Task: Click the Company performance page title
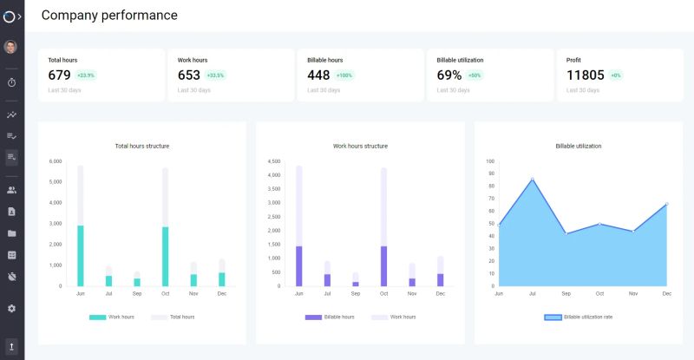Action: coord(109,15)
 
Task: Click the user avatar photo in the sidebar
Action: coord(11,47)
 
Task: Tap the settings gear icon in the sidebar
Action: coord(11,308)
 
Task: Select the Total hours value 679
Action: coord(59,75)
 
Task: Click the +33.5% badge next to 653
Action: coord(215,75)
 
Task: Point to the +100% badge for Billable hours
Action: coord(344,75)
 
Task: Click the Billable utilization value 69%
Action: coord(448,75)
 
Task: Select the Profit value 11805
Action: coord(585,75)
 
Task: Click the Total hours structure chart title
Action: coord(142,146)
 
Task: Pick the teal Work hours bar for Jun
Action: coord(81,256)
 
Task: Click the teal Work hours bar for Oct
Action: coord(165,257)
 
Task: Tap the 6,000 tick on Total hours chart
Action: coord(55,161)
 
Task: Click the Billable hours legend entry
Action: coord(329,317)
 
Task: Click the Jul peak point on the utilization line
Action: coord(533,180)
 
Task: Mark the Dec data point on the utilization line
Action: coord(666,204)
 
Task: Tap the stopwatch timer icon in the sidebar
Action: coord(11,82)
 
